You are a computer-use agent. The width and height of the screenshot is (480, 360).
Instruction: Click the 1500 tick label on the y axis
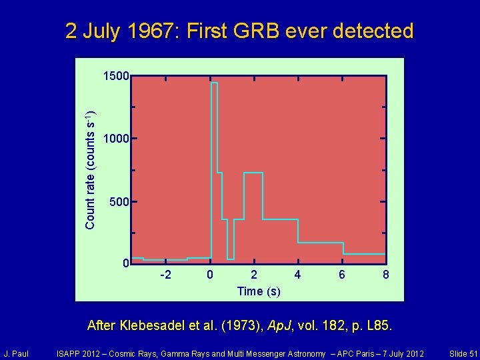116,77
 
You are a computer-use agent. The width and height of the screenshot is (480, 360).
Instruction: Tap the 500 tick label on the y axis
119,201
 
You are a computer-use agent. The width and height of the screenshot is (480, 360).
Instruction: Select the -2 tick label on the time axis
166,275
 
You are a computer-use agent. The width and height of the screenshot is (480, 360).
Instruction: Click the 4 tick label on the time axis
297,275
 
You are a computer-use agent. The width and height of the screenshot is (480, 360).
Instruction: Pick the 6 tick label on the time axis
341,275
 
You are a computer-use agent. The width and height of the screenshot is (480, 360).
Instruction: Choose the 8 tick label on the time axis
385,275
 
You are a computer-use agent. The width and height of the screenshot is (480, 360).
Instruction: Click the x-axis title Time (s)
259,291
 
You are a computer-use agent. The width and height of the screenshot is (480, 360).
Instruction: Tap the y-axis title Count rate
90,170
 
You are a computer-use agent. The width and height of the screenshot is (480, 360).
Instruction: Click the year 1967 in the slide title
153,31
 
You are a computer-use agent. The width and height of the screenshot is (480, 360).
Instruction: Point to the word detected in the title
374,31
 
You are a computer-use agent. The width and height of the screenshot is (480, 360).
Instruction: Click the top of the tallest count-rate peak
214,83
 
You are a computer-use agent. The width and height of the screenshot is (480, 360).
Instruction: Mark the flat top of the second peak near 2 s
253,173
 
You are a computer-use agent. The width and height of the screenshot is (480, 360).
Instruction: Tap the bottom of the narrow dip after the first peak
230,259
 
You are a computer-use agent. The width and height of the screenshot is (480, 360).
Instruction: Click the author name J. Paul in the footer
16,353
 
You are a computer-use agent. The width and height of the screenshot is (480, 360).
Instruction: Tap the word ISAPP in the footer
70,353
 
